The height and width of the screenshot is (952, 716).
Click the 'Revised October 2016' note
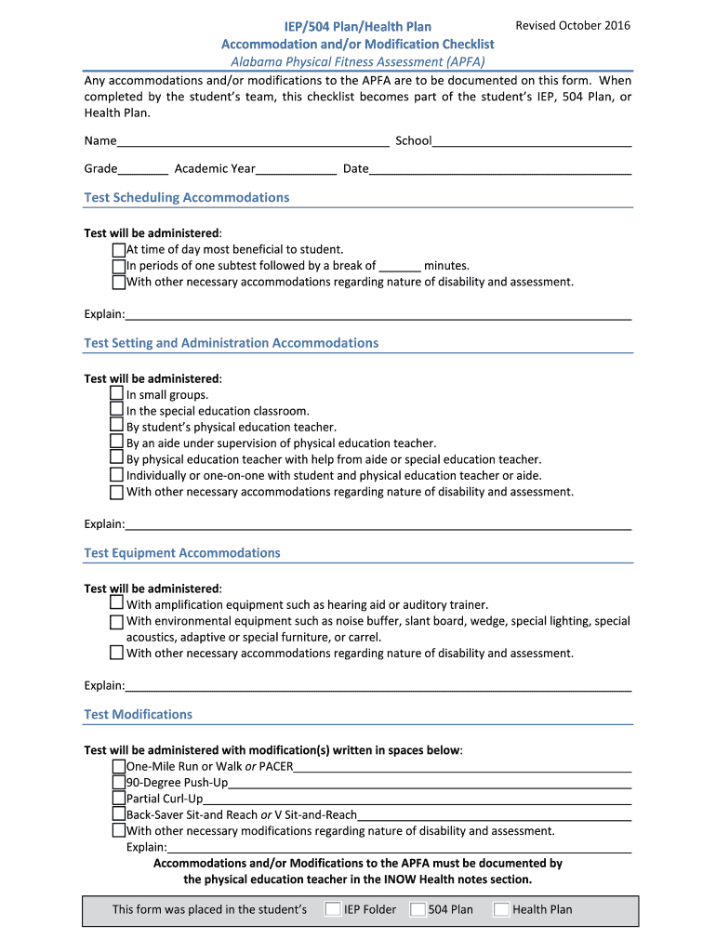pos(573,25)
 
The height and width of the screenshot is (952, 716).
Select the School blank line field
pos(532,141)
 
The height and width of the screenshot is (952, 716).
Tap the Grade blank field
pos(143,169)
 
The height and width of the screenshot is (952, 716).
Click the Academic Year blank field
pos(297,169)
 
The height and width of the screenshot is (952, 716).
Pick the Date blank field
pos(500,169)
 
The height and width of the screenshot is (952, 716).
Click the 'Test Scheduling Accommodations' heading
pos(186,197)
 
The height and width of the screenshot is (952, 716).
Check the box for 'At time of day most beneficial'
pos(118,250)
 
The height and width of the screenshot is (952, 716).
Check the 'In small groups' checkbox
pos(116,394)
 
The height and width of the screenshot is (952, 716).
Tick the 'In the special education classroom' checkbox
pos(116,410)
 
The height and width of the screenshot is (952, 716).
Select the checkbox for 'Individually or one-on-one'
pos(116,475)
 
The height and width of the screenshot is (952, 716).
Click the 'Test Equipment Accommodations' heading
pos(181,553)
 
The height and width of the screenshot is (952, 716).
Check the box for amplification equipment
pos(116,604)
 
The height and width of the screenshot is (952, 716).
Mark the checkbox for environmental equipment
pos(116,621)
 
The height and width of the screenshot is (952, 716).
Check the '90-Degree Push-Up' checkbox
pos(118,783)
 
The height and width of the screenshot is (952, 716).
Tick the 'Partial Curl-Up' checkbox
pos(118,799)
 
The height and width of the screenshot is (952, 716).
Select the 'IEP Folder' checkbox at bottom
pos(332,909)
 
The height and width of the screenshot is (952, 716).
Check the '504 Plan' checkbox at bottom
pos(418,909)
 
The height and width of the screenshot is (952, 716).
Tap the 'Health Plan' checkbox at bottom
pos(501,909)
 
